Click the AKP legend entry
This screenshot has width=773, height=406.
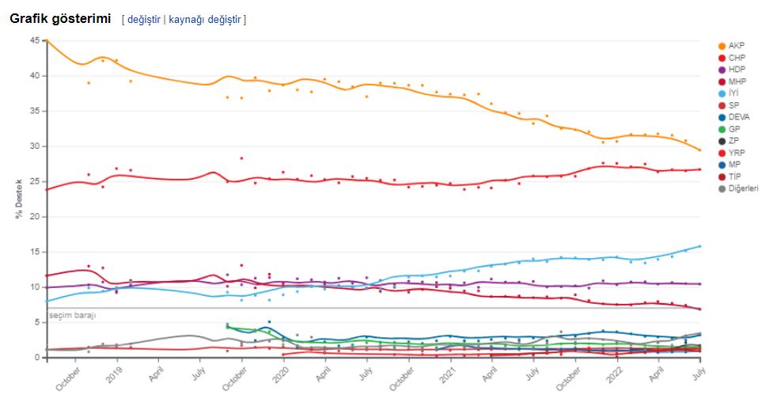point(736,46)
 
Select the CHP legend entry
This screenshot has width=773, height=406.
point(736,58)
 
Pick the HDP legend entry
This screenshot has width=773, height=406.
point(736,70)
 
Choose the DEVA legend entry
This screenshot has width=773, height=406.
point(739,117)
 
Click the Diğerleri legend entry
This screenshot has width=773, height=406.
point(743,188)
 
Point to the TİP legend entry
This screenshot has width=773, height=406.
point(735,176)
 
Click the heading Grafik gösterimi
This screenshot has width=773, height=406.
point(59,19)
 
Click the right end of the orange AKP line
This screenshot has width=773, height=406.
point(700,150)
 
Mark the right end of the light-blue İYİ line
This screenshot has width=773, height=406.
point(700,246)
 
